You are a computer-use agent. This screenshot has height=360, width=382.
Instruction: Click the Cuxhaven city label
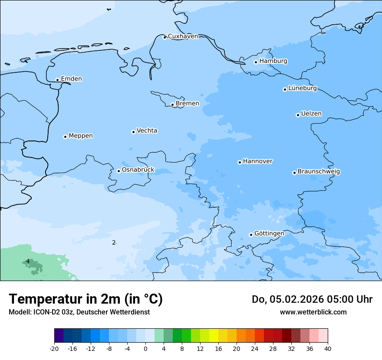pos(183,36)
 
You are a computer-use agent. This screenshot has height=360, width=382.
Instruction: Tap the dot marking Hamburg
pos(256,62)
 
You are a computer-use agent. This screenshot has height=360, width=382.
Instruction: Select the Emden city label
pos(71,79)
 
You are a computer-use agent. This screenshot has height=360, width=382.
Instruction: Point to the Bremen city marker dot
pos(172,105)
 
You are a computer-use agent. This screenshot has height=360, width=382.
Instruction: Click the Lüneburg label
pos(302,88)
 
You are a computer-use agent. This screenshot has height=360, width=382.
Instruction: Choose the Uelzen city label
pos(311,114)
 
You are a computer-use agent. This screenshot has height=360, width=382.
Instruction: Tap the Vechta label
pos(147,131)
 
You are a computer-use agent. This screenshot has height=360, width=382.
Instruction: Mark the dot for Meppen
pos(65,137)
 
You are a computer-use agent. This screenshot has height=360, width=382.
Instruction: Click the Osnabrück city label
pos(138,170)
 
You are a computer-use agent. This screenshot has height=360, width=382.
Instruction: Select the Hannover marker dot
pos(240,162)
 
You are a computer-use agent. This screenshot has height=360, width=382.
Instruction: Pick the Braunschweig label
pos(319,172)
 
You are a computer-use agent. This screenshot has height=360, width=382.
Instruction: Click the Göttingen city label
pos(269,234)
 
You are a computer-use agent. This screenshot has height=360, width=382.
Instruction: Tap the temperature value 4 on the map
pos(28,262)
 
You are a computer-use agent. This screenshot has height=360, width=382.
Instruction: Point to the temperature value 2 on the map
pos(114,243)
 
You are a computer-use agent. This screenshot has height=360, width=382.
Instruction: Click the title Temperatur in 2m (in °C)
pos(86,299)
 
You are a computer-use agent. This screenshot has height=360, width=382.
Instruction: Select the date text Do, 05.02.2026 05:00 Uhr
pos(312,299)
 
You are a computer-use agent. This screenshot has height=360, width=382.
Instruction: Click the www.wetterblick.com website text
pos(313,312)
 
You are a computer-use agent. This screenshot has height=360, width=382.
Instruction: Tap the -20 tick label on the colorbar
pos(54,349)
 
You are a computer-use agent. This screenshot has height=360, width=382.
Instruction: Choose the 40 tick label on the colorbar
pos(328,349)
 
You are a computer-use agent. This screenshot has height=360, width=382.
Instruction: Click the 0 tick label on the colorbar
pos(145,349)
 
